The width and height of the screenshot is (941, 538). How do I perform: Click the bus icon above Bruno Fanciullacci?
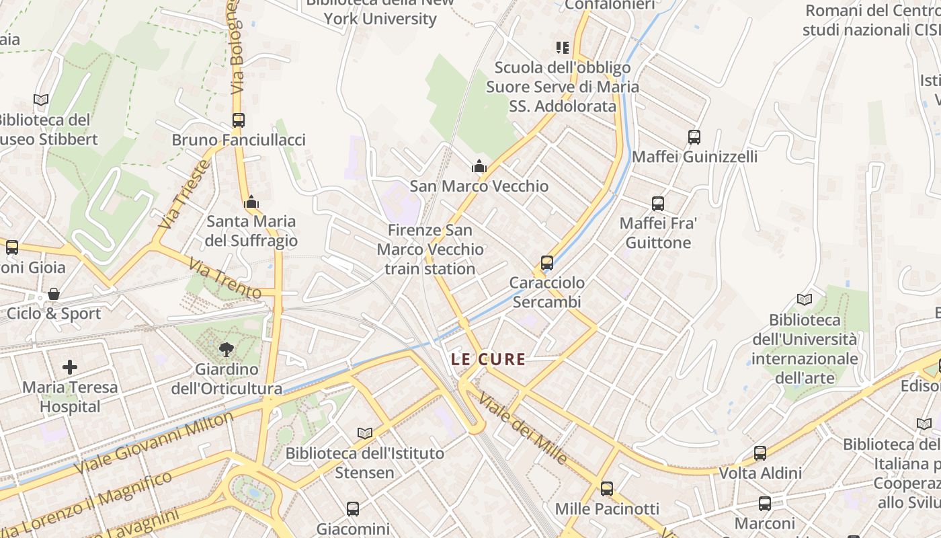point(238,120)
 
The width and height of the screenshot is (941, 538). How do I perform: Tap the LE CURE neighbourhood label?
point(488,359)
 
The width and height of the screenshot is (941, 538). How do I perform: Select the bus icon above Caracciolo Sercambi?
point(547,263)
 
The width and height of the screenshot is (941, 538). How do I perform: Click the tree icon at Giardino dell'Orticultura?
point(227,349)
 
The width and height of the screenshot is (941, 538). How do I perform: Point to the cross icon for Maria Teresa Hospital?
point(70,367)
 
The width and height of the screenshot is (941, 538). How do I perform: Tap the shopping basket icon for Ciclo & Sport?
point(54,294)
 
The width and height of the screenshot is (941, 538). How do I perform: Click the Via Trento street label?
point(224,278)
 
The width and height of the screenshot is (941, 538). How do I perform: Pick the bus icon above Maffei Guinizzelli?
point(694,137)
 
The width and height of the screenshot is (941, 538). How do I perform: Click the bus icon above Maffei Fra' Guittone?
point(658,203)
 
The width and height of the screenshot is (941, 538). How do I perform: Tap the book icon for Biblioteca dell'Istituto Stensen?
point(365,434)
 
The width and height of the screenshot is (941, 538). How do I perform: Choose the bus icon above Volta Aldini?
point(760,453)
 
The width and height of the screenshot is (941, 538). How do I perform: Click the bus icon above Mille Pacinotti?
point(607,489)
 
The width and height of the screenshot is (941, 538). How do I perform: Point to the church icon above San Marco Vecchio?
point(479,166)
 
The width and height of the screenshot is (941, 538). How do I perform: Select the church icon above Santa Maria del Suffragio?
point(251,201)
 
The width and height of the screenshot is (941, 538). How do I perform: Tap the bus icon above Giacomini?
point(353,509)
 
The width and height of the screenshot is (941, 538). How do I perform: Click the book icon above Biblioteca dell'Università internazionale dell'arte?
point(804,300)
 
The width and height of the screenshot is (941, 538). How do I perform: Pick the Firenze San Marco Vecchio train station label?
point(430,249)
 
